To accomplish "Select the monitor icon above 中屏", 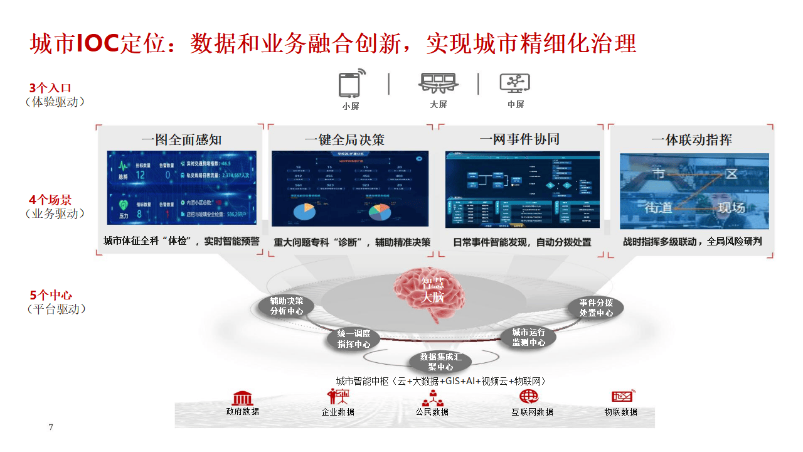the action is (x=514, y=83).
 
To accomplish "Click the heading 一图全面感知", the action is (x=181, y=139).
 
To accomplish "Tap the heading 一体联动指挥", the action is (x=691, y=139).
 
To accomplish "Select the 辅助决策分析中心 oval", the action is (x=286, y=306).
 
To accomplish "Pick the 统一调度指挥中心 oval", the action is (x=354, y=339).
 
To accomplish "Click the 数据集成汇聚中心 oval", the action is (x=445, y=362).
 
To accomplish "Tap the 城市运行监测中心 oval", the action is (x=528, y=337).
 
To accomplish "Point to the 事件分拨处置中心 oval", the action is (x=596, y=307).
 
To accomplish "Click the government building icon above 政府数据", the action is (x=242, y=397).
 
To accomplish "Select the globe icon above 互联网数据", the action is (x=529, y=397).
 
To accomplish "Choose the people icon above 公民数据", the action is (x=432, y=398).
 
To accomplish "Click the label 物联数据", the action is (x=620, y=412).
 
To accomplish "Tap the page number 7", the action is (x=51, y=428).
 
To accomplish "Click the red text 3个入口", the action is (x=50, y=88).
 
